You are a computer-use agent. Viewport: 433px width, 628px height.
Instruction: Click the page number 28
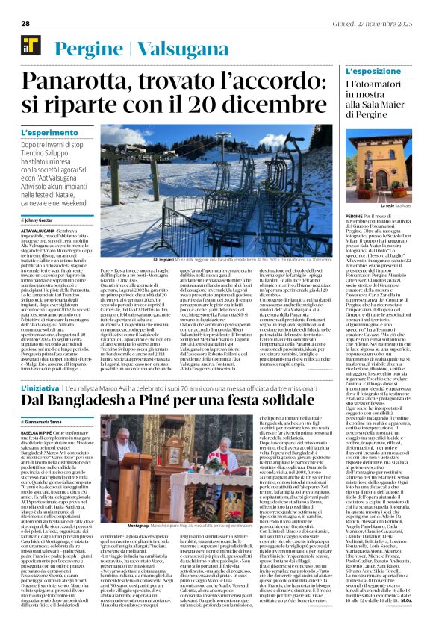[x=25, y=24]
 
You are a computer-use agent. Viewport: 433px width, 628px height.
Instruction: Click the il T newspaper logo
[x=30, y=43]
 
